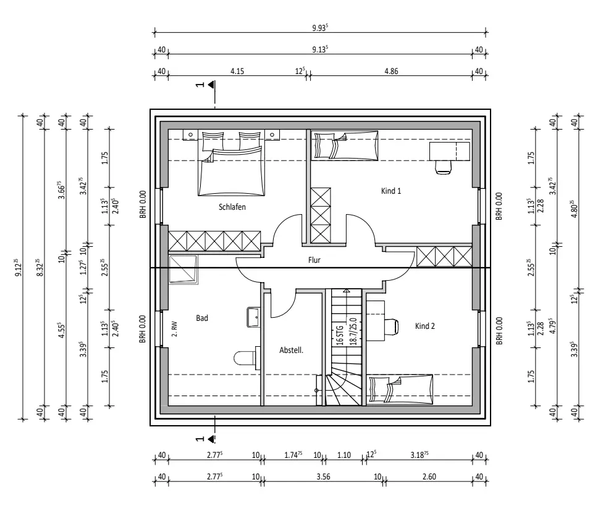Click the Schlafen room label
tap(232, 207)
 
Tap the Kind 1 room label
tap(390, 191)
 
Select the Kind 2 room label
tap(424, 326)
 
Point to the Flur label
tap(314, 260)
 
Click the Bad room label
tap(202, 318)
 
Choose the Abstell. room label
tap(291, 350)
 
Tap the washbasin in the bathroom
tap(253, 317)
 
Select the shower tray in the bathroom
tap(183, 270)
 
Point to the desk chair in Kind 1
tap(443, 167)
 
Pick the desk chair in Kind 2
tap(392, 326)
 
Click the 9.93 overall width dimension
tap(320, 28)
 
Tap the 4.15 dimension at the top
tap(237, 71)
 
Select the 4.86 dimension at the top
tap(391, 71)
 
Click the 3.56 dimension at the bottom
tap(323, 477)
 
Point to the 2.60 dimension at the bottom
tap(429, 477)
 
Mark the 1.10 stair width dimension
tap(344, 455)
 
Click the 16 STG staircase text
tap(340, 336)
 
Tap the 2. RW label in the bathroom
tap(175, 329)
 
